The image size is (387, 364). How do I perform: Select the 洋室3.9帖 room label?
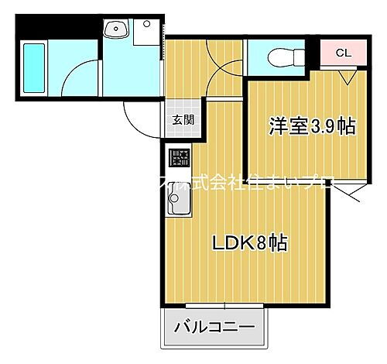(x=312, y=126)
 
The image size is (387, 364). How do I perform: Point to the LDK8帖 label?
(x=251, y=243)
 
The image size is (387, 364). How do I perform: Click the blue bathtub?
(x=34, y=67)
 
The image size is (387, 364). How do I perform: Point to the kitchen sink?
(x=180, y=205)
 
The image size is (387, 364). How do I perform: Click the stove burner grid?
(x=180, y=160)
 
